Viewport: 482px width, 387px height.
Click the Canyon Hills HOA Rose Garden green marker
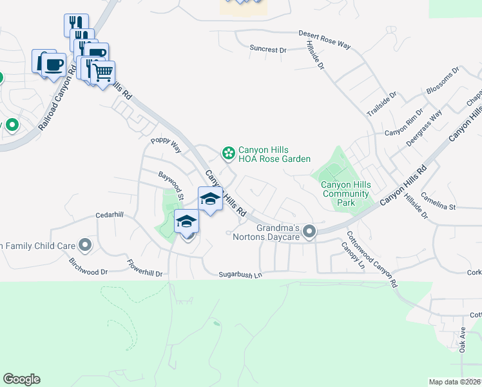tap(227, 153)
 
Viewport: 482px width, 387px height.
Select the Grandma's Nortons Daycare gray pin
tap(310, 231)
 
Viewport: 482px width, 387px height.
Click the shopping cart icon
tap(103, 73)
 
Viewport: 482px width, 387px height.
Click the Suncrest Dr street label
tap(267, 49)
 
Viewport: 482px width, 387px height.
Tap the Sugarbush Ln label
tap(240, 275)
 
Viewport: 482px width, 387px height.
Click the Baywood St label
tap(172, 185)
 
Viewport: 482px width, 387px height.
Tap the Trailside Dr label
tap(382, 104)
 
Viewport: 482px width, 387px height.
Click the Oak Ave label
tap(462, 340)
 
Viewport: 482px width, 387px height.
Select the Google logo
tap(21, 379)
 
